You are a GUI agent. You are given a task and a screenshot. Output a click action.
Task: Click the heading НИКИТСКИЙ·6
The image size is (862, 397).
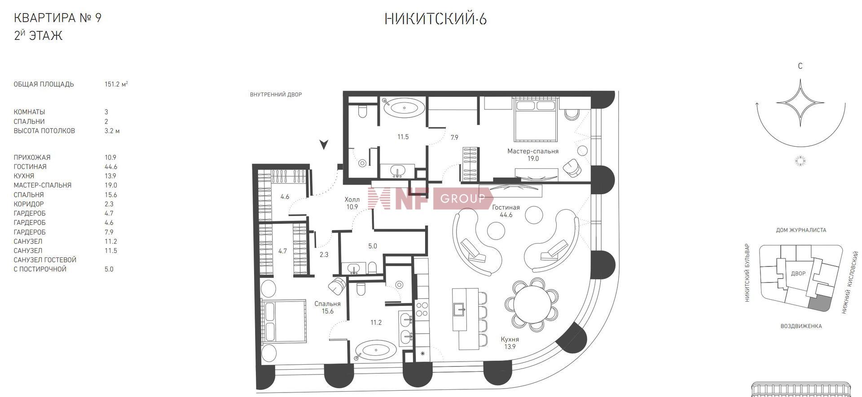435,19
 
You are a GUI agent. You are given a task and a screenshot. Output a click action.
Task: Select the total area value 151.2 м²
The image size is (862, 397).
116,84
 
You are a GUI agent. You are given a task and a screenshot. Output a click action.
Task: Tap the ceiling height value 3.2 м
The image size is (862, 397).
112,131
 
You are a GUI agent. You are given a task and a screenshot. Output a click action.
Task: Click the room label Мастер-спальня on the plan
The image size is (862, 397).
533,151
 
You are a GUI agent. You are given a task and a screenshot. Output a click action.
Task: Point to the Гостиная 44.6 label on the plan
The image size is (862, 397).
506,211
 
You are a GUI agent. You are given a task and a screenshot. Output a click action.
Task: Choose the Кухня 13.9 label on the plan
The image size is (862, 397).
510,343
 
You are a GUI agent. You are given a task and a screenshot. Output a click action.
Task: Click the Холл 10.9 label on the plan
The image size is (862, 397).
352,203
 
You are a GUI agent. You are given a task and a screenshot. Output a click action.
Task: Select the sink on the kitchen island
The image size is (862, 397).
459,309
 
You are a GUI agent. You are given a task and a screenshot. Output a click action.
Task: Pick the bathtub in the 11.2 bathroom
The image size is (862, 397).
376,351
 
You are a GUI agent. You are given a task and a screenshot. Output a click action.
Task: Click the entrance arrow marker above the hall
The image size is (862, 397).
324,144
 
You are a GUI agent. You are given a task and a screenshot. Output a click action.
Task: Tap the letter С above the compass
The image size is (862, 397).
800,66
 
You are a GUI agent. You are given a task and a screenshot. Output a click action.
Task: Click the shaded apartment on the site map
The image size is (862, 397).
818,303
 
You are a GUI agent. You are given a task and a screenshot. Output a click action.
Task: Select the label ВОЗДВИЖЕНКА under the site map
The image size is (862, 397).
801,326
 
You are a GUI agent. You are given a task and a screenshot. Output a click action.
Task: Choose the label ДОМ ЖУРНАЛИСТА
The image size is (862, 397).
801,230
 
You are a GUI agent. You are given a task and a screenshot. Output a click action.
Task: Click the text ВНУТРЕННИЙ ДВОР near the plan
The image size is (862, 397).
276,95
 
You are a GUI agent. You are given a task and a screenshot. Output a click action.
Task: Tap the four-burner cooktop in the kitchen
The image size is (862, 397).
422,309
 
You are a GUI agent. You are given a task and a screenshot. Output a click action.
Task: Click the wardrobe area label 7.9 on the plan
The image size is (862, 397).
454,138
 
